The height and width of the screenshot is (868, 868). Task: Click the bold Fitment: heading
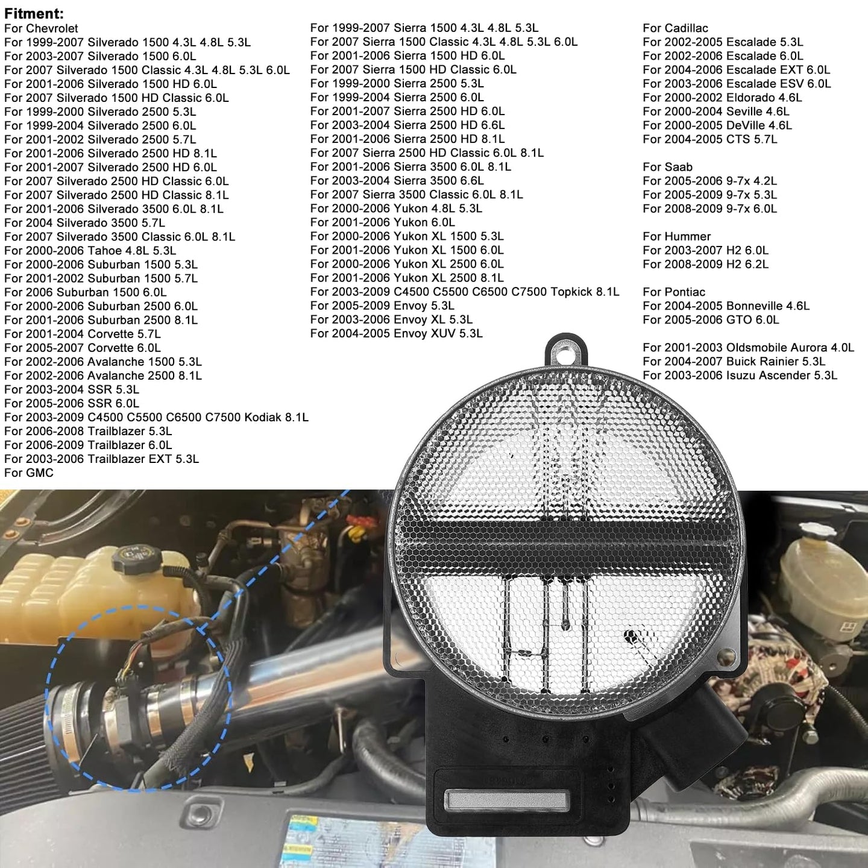point(34,13)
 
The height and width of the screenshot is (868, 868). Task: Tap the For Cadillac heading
point(675,28)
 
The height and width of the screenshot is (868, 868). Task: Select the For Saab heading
point(667,166)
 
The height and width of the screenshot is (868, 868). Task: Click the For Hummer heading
point(676,236)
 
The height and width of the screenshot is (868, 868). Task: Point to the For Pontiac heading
point(674,291)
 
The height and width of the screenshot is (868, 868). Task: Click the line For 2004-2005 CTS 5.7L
point(710,139)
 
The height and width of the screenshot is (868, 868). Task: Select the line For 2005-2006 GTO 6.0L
point(711,319)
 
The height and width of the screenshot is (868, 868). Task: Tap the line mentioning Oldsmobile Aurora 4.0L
point(748,347)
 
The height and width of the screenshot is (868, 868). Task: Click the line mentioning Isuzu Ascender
point(740,375)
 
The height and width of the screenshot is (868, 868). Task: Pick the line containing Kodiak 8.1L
point(156,417)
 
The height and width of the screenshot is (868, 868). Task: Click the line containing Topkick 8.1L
point(464,291)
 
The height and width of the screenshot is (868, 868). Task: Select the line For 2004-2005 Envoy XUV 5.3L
point(397,333)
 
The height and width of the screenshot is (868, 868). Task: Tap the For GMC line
point(29,473)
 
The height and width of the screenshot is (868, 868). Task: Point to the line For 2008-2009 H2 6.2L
point(705,264)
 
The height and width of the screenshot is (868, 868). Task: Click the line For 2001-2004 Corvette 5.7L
point(83,334)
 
